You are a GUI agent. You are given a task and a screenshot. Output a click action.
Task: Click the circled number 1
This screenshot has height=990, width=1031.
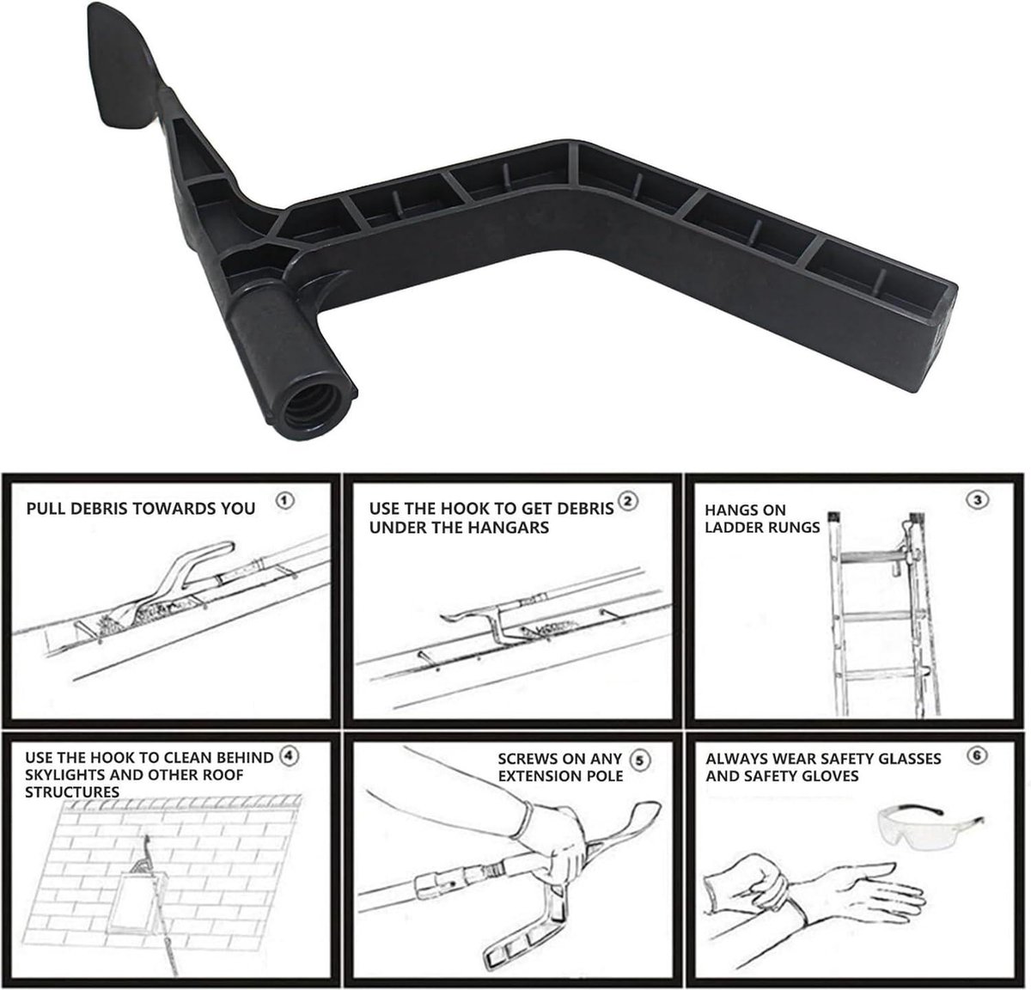click(x=285, y=500)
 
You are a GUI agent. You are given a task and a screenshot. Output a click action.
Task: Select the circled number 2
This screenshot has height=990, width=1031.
click(x=628, y=501)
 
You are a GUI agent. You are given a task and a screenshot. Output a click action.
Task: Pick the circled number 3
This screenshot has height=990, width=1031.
click(x=978, y=500)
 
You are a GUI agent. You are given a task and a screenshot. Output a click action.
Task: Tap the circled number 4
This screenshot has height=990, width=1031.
click(x=288, y=755)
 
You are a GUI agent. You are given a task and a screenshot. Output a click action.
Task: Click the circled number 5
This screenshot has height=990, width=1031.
click(x=639, y=761)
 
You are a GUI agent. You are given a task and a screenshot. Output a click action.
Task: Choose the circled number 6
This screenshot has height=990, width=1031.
click(x=978, y=755)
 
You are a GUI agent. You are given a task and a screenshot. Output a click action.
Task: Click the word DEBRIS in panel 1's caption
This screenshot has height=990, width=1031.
click(x=99, y=509)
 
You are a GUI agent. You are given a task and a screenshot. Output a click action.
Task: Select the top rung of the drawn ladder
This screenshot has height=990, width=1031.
click(x=874, y=557)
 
